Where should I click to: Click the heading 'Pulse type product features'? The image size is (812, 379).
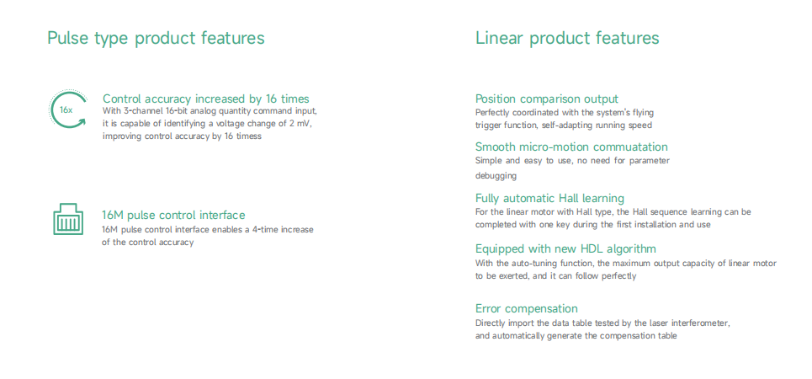[x=156, y=39]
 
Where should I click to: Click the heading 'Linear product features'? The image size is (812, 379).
[x=567, y=38]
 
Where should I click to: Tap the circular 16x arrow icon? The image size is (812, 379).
[x=67, y=109]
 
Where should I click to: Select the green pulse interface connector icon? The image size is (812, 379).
[x=68, y=219]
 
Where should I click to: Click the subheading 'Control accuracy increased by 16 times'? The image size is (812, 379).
[x=205, y=99]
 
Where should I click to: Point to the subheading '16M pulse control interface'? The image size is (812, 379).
[x=173, y=215]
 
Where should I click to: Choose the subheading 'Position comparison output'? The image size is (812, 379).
[x=547, y=99]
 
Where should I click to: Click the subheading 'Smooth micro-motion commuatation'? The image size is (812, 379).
[x=571, y=147]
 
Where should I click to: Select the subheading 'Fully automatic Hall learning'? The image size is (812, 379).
[x=550, y=198]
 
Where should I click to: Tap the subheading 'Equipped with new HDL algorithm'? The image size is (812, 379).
[x=566, y=248]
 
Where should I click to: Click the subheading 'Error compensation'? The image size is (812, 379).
[x=527, y=308]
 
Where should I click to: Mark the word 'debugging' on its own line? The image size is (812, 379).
[x=496, y=176]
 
